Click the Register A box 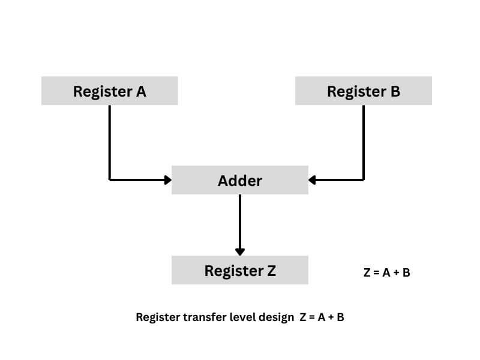coord(109,91)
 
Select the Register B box coord(363,91)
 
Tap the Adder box coord(239,180)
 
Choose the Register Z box coord(239,270)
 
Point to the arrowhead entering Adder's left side coord(168,179)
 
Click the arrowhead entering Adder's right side coord(312,179)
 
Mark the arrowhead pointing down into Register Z coord(240,251)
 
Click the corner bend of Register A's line coord(110,179)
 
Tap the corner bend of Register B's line coord(364,179)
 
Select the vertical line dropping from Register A coord(110,141)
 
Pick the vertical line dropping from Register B coord(364,141)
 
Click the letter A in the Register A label coord(141,91)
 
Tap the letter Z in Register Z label coord(271,271)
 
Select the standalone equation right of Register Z coord(386,272)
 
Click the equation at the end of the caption coord(322,317)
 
